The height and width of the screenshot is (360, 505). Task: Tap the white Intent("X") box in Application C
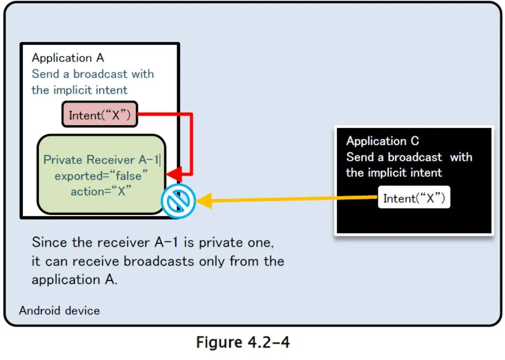click(414, 198)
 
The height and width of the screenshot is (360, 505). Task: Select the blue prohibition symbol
click(178, 202)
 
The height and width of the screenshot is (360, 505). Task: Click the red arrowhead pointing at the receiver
click(173, 174)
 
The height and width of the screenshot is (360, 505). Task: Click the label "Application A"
click(68, 58)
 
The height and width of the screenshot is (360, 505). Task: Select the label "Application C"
click(382, 141)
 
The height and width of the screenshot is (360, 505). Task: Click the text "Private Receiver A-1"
click(101, 160)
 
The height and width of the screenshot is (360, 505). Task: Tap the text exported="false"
click(101, 176)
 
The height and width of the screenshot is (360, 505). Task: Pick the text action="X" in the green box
click(101, 192)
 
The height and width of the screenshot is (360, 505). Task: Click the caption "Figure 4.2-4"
click(243, 343)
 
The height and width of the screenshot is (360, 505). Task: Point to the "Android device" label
click(59, 310)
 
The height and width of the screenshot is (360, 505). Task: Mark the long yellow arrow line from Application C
click(288, 200)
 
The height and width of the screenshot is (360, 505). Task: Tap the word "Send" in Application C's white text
click(360, 157)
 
